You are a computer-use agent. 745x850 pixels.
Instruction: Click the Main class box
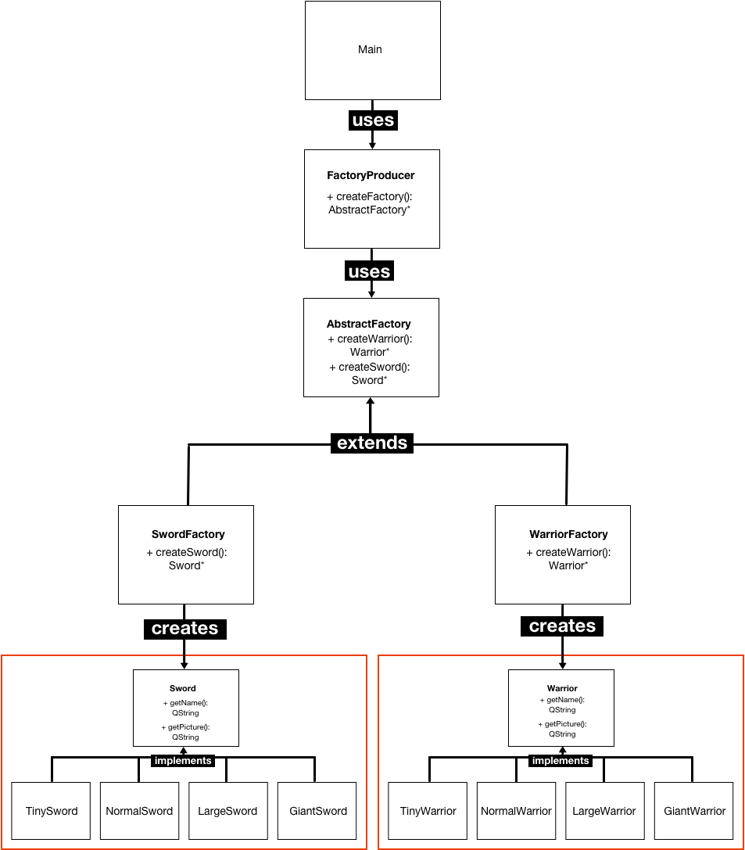372,50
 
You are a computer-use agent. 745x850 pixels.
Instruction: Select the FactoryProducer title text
371,175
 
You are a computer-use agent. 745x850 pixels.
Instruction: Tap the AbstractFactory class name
368,324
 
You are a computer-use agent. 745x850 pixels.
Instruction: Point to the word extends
372,443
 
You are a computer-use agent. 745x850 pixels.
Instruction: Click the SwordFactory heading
188,534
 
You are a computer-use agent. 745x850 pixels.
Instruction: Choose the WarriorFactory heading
568,534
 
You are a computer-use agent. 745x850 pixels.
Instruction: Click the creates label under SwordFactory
184,628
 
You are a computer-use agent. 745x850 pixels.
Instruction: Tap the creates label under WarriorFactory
562,626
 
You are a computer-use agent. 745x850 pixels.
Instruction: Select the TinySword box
52,811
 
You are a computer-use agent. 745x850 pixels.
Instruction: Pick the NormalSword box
139,811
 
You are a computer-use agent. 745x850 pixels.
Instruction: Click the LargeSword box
227,811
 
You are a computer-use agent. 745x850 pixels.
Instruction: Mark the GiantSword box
317,811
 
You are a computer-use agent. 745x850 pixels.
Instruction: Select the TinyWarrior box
428,811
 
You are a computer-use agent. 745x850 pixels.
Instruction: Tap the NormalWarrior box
516,811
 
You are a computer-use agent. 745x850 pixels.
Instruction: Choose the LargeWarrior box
604,811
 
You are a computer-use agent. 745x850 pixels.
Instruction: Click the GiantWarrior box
694,811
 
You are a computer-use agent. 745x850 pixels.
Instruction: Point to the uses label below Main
373,120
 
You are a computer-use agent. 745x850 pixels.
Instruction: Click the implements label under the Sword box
183,760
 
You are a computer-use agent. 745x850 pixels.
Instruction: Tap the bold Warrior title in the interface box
562,688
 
